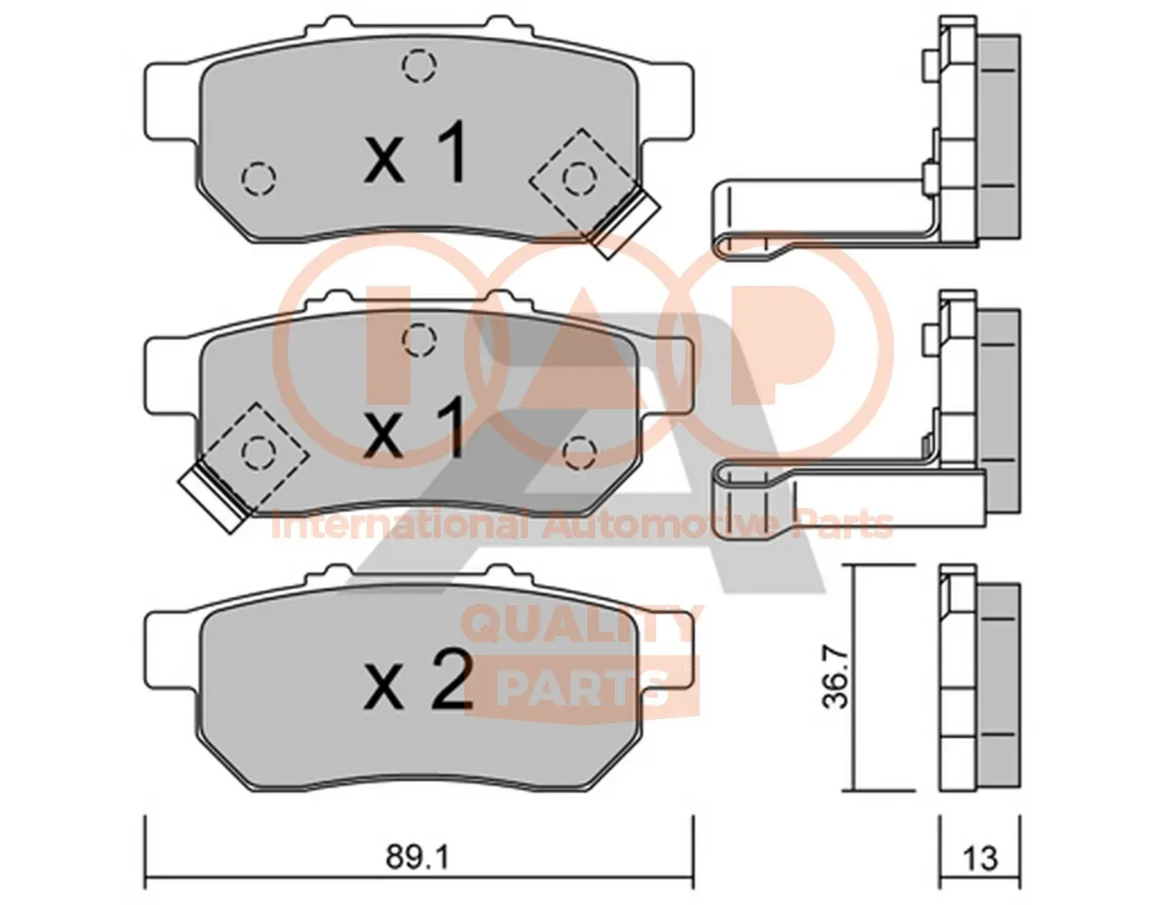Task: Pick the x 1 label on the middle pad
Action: click(414, 428)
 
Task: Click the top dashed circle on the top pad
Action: click(420, 65)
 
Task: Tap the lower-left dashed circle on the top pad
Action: click(259, 178)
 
